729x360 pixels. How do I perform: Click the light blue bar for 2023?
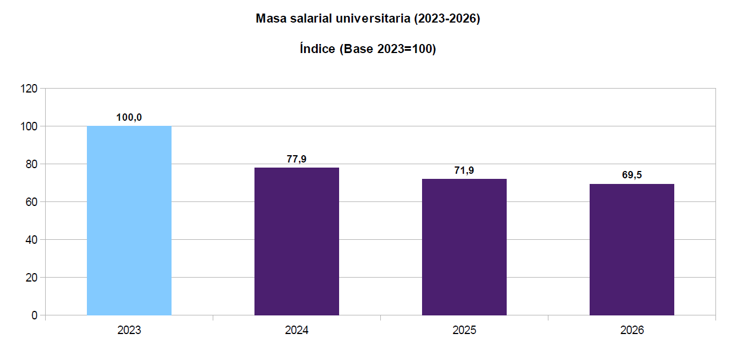click(x=129, y=220)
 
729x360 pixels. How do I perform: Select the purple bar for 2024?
click(x=297, y=241)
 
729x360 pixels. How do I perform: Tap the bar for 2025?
click(x=464, y=247)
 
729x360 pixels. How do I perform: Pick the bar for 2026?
click(x=632, y=249)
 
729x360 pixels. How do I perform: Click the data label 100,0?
click(x=129, y=117)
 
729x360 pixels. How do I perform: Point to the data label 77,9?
click(x=297, y=159)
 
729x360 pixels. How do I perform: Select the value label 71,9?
click(x=464, y=170)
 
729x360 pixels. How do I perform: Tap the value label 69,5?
click(x=632, y=175)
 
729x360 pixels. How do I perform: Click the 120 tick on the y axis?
click(x=29, y=89)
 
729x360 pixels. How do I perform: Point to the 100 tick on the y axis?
click(x=29, y=126)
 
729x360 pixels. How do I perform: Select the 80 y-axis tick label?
click(x=31, y=164)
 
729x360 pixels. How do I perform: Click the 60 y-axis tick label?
click(x=31, y=202)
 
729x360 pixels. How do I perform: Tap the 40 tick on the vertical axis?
click(x=31, y=240)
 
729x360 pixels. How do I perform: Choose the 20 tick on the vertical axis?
click(x=31, y=278)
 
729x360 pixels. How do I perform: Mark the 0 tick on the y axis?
click(x=34, y=315)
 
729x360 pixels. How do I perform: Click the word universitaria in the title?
click(x=373, y=19)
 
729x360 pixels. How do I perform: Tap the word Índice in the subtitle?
click(x=318, y=49)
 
